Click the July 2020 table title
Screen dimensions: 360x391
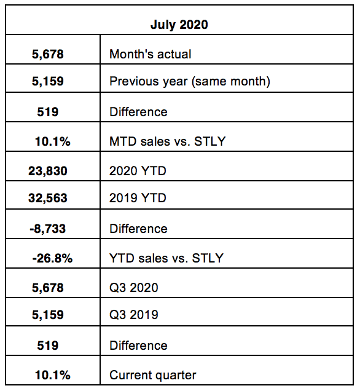(179, 25)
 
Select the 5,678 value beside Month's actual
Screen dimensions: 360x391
(47, 54)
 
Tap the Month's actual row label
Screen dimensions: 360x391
(151, 54)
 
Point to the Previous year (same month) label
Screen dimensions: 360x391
(190, 81)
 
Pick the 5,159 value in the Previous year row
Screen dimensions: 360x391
(47, 81)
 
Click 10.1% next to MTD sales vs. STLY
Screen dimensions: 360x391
(53, 141)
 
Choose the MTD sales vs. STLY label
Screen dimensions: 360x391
(168, 141)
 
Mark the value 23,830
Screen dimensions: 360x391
(47, 171)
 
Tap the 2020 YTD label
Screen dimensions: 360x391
(138, 171)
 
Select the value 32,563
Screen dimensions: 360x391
(47, 198)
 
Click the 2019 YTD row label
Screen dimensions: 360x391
(138, 198)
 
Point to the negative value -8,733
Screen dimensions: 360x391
(47, 229)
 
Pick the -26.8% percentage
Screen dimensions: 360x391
(52, 258)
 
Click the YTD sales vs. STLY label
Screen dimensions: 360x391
(166, 258)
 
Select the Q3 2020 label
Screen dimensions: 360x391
(134, 288)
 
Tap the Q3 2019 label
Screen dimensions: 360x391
(134, 314)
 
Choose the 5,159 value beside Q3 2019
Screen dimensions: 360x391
(47, 315)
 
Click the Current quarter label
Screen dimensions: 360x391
(153, 375)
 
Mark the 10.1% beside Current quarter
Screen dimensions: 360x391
(53, 375)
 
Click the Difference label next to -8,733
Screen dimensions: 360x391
(138, 229)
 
